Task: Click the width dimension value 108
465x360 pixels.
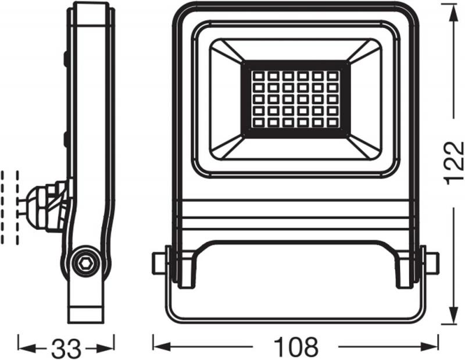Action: [x=296, y=347]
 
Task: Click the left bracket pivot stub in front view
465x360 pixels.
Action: [x=159, y=263]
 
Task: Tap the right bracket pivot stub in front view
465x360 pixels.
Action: [x=431, y=263]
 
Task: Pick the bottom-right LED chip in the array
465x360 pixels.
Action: [x=332, y=123]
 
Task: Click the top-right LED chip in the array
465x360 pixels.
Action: [x=332, y=76]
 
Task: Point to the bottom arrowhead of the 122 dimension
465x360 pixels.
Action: [x=453, y=319]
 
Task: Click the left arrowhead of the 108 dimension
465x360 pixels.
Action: [x=158, y=347]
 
